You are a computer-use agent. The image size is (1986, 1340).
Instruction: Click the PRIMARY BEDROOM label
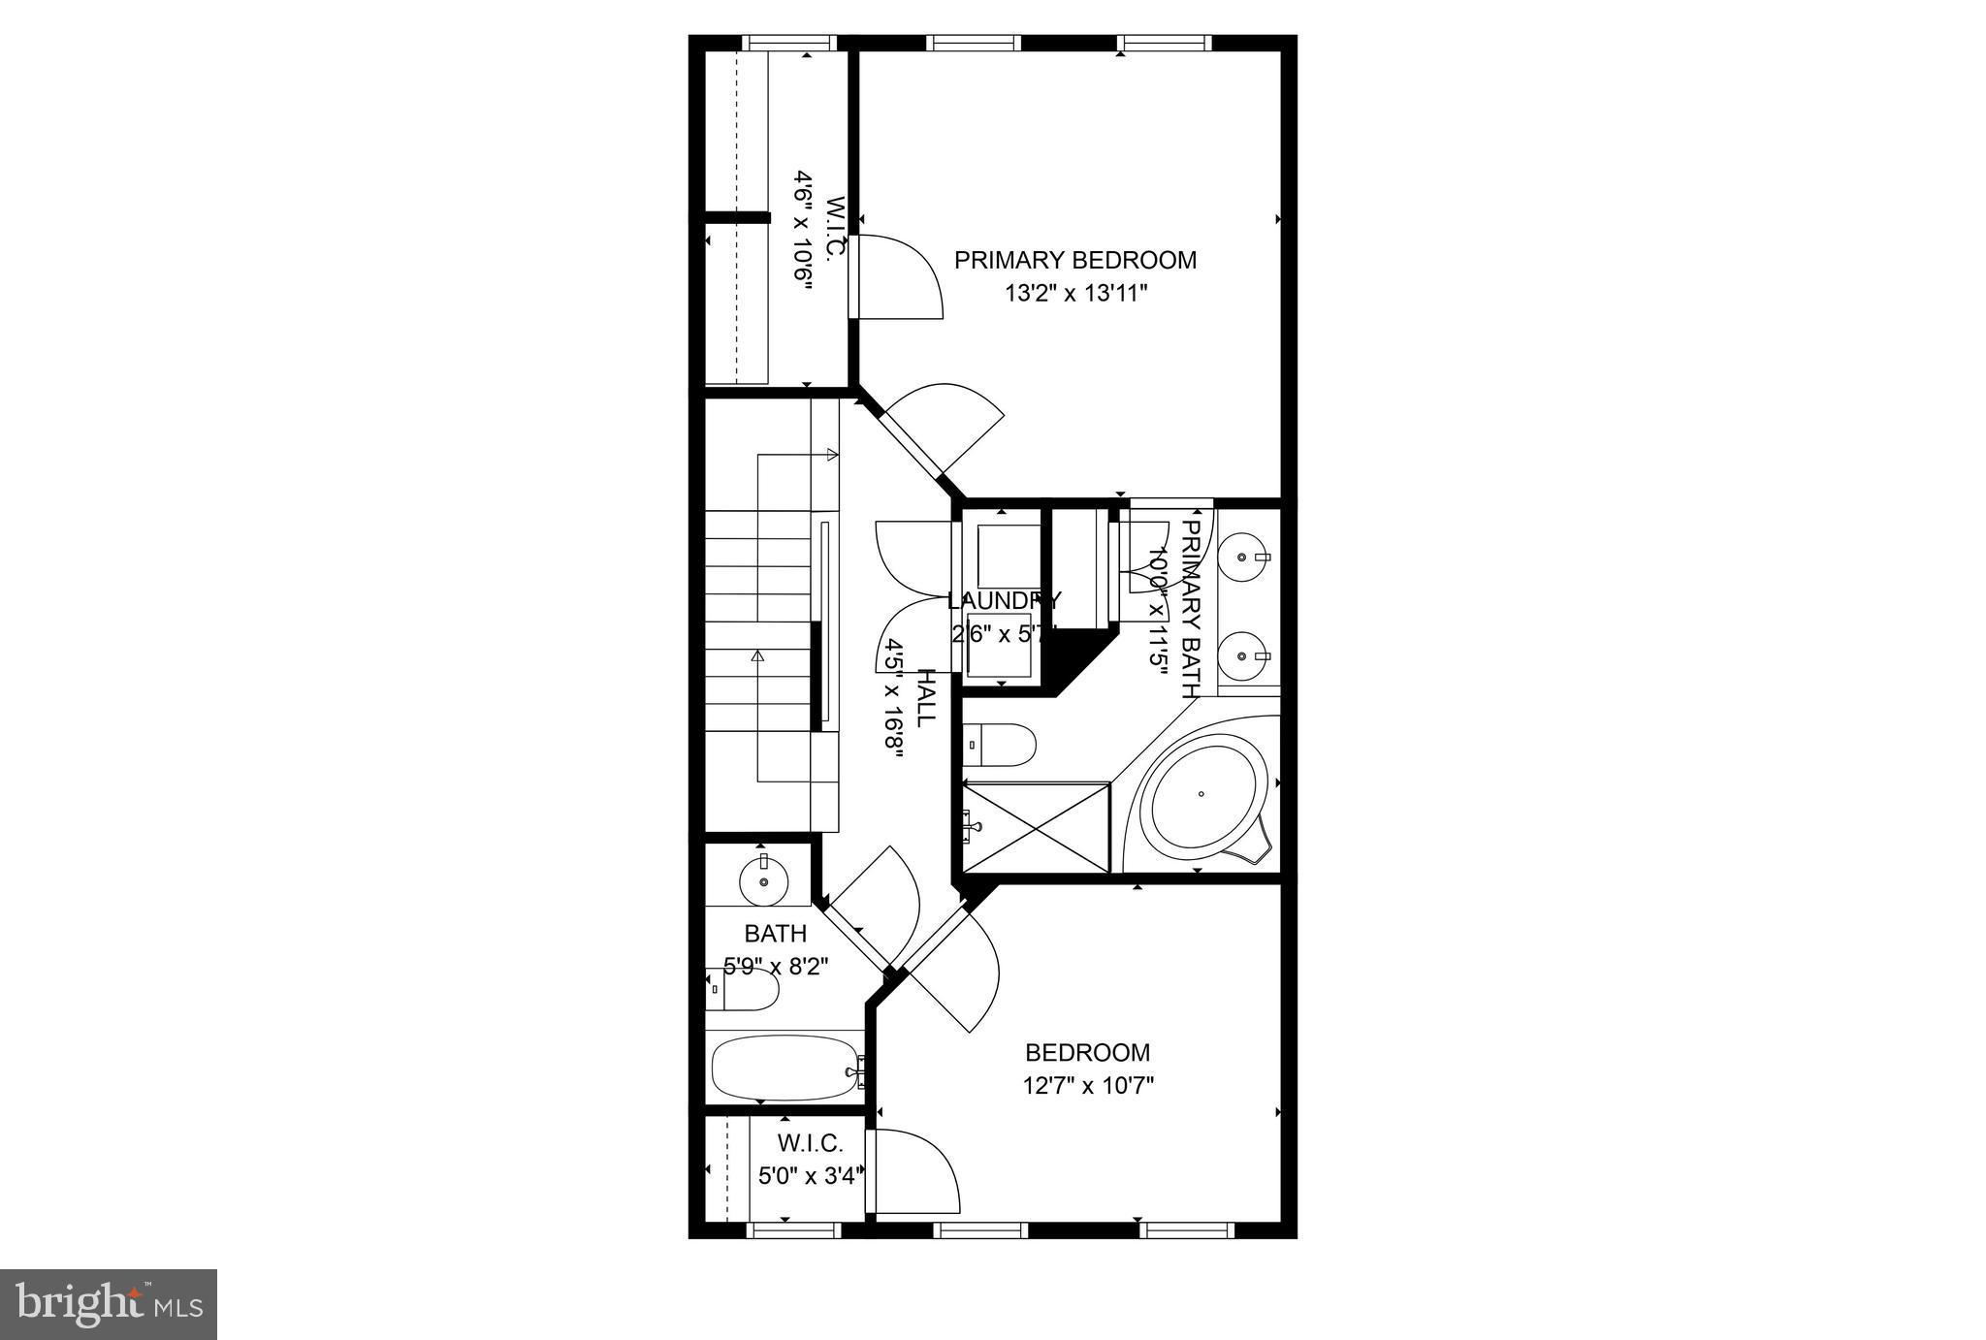1074,260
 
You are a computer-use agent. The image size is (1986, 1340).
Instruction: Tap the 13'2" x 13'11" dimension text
1074,293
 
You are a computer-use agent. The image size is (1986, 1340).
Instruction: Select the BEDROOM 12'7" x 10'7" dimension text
1088,1085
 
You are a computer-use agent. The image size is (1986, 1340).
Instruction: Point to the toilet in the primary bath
1000,745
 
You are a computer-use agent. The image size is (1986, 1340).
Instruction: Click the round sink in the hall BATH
764,881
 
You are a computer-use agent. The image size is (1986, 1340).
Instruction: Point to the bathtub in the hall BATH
786,1068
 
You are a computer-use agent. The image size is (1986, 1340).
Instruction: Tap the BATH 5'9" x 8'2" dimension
776,967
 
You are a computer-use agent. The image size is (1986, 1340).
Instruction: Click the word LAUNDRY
1004,600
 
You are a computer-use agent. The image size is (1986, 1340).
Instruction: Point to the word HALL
926,697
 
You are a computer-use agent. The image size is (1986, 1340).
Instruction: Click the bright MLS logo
108,1304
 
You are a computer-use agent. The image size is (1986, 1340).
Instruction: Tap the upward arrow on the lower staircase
757,656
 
